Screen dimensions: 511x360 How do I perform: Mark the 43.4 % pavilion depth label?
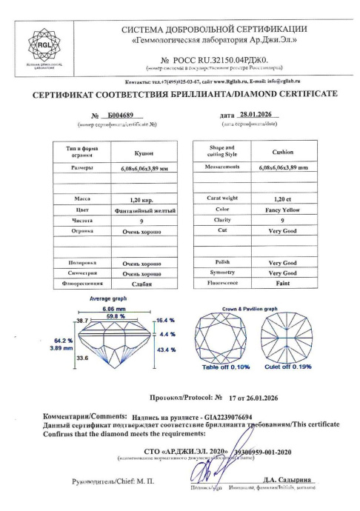pyautogui.click(x=164, y=348)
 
